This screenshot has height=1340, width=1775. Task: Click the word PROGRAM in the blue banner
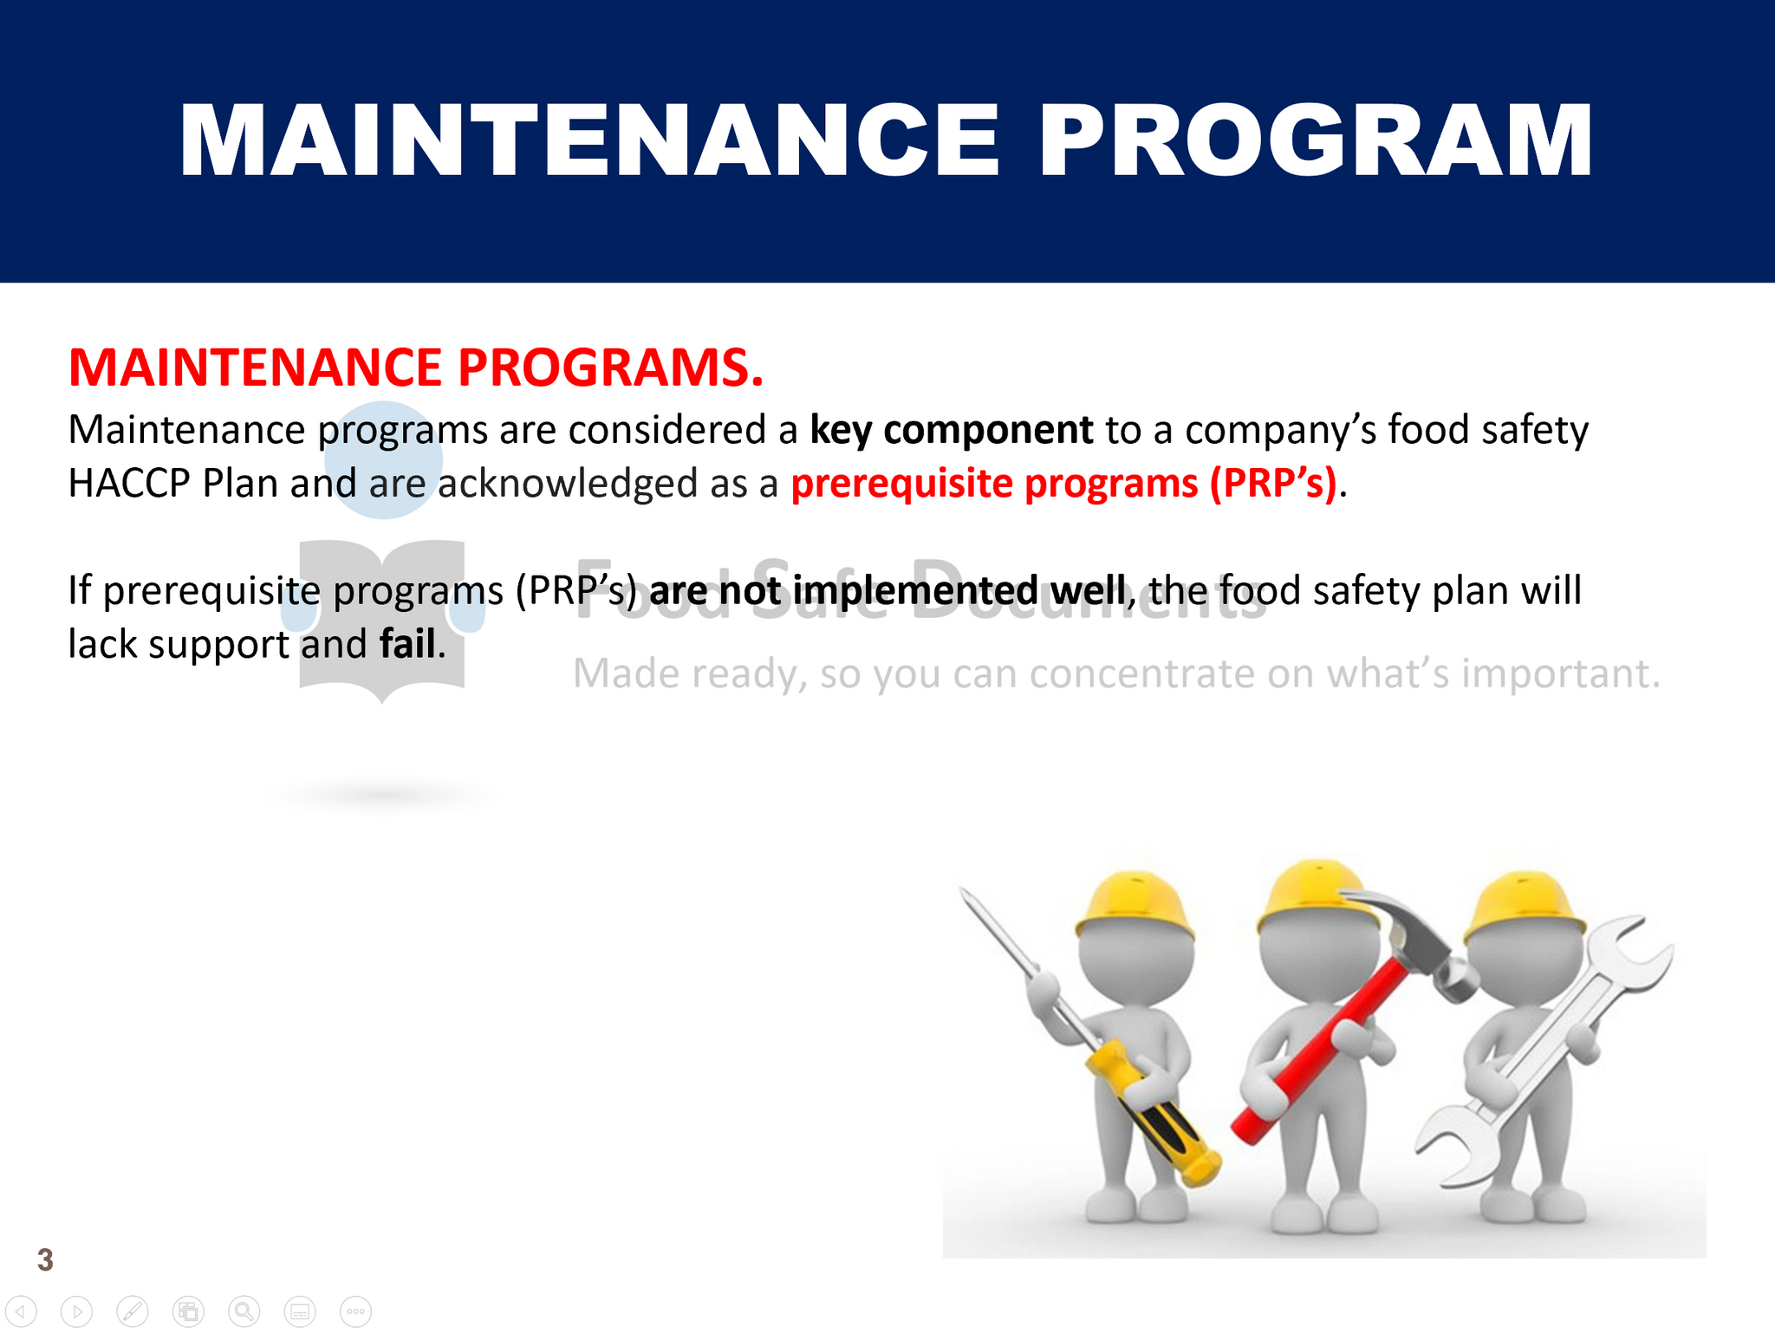click(x=1315, y=140)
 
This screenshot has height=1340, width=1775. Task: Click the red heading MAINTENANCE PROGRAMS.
click(x=416, y=367)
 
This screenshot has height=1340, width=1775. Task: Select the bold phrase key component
click(x=952, y=430)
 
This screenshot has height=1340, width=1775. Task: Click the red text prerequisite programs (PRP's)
click(x=1064, y=483)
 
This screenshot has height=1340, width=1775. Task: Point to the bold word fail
click(x=407, y=643)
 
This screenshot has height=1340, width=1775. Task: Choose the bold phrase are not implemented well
click(x=887, y=590)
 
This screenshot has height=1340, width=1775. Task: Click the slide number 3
click(x=45, y=1259)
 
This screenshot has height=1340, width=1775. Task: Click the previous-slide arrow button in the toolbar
click(x=21, y=1312)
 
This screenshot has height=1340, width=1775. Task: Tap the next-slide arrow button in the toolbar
click(x=76, y=1312)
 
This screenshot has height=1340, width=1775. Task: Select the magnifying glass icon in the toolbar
click(x=244, y=1312)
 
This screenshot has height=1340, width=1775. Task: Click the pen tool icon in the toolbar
click(x=133, y=1312)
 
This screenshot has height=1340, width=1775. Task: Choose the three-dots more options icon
click(x=356, y=1312)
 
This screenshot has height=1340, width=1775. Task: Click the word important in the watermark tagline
click(x=1561, y=674)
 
